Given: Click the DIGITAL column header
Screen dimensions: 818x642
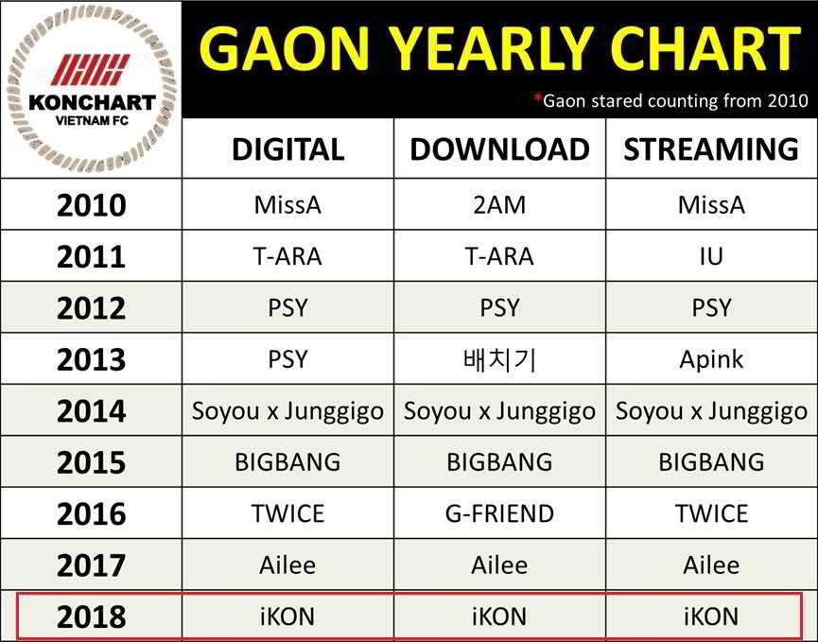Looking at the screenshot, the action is pyautogui.click(x=288, y=149).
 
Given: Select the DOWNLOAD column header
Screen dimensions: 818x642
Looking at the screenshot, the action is pyautogui.click(x=499, y=149).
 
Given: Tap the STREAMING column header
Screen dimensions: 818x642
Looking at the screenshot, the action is pyautogui.click(x=711, y=149).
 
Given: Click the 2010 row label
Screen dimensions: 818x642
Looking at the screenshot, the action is pyautogui.click(x=92, y=205).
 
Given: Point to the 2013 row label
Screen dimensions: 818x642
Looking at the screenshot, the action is pyautogui.click(x=92, y=360).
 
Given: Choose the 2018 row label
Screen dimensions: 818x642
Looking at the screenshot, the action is pyautogui.click(x=92, y=617).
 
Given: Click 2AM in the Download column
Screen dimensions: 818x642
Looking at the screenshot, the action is pyautogui.click(x=499, y=205).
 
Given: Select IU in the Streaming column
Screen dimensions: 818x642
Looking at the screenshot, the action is pyautogui.click(x=711, y=256).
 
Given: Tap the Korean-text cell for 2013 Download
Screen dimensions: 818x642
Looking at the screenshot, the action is pyautogui.click(x=499, y=360).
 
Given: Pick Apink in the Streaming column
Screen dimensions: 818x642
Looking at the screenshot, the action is pyautogui.click(x=711, y=360).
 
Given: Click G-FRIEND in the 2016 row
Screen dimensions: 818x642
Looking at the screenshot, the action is pyautogui.click(x=499, y=514).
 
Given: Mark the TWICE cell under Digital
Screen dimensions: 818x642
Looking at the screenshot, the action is pyautogui.click(x=288, y=514).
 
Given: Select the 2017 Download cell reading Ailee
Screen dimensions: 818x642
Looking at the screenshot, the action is pyautogui.click(x=499, y=565).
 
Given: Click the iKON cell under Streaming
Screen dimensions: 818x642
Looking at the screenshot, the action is pyautogui.click(x=711, y=617).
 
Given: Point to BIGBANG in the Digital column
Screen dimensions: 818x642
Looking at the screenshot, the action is pyautogui.click(x=288, y=462).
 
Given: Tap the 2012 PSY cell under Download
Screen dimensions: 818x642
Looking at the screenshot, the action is pyautogui.click(x=499, y=308).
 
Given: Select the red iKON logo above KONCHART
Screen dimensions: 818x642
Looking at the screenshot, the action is pyautogui.click(x=91, y=70).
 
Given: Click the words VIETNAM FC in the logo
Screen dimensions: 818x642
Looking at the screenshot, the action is pyautogui.click(x=92, y=120).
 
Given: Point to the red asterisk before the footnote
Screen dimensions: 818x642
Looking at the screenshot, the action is pyautogui.click(x=538, y=96).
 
